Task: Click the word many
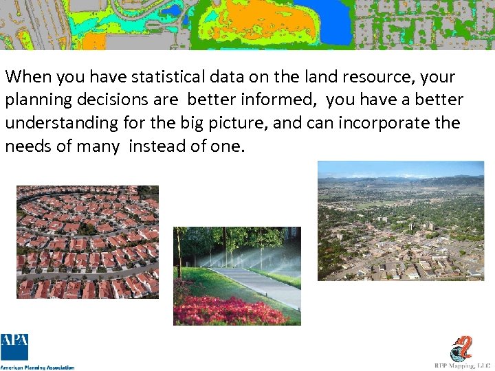(98, 147)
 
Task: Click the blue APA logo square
(14, 347)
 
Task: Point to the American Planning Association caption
(37, 368)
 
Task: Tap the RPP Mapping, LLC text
(463, 366)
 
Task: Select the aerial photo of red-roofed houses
(87, 242)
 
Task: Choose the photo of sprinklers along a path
(236, 276)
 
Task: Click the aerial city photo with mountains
(401, 221)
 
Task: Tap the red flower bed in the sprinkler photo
(220, 311)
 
